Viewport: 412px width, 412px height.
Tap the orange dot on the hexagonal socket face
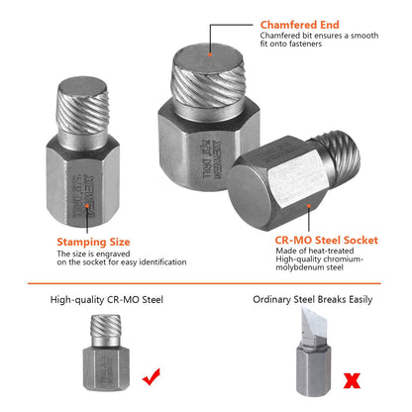point(310,206)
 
